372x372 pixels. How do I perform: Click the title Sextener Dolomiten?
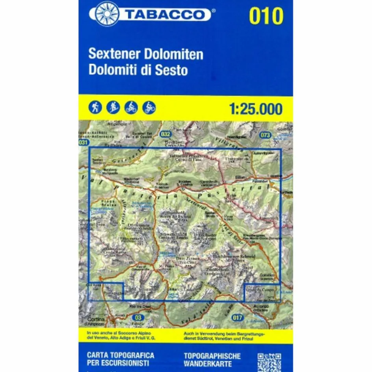146,54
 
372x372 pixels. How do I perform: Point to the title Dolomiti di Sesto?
138,70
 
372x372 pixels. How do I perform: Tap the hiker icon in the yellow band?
95,107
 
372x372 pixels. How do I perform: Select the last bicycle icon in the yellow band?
149,107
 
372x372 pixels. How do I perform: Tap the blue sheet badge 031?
83,143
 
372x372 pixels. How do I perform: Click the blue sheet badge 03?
138,317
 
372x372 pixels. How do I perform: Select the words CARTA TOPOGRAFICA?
120,355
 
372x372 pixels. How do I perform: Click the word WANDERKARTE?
208,364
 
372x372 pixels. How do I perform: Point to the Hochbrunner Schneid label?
234,256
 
